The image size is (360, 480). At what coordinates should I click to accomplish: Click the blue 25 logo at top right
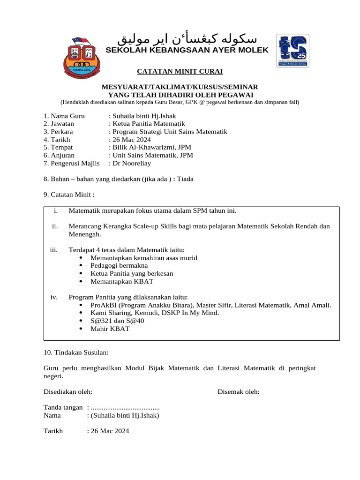pyautogui.click(x=292, y=50)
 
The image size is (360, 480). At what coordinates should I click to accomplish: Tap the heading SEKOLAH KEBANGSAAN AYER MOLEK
pyautogui.click(x=187, y=50)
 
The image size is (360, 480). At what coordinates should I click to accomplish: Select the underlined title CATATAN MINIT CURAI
pyautogui.click(x=180, y=72)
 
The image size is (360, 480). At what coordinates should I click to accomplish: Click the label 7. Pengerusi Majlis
pyautogui.click(x=72, y=164)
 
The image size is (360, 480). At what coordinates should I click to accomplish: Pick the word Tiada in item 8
pyautogui.click(x=185, y=179)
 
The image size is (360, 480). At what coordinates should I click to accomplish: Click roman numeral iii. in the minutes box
pyautogui.click(x=53, y=250)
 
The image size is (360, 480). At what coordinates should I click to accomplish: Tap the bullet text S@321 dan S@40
pyautogui.click(x=118, y=321)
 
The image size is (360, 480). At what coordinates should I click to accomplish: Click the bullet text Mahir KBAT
pyautogui.click(x=110, y=329)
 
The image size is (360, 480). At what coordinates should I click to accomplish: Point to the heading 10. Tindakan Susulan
pyautogui.click(x=76, y=352)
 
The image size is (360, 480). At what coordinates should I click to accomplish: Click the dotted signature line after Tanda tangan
pyautogui.click(x=125, y=408)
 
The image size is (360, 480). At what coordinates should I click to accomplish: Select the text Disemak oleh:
pyautogui.click(x=239, y=392)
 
